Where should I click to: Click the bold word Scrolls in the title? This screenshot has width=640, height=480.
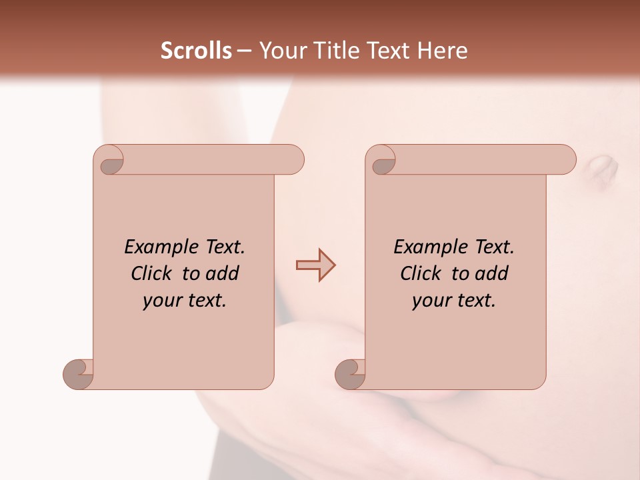click(196, 51)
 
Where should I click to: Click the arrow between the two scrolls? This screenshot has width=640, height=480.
click(315, 265)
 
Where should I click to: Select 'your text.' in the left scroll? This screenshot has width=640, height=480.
click(185, 300)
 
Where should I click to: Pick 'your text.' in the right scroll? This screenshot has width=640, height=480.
click(454, 300)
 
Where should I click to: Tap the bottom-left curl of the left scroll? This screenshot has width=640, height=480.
click(79, 373)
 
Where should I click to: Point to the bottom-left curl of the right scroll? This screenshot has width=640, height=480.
click(351, 373)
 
